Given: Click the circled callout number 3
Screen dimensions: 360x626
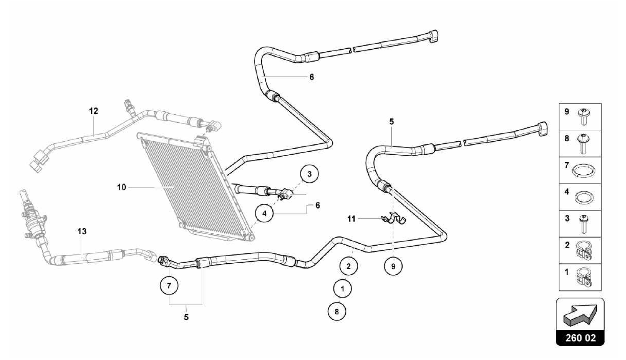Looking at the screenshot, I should coord(309,174).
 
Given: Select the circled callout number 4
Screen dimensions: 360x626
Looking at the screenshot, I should coord(264,213).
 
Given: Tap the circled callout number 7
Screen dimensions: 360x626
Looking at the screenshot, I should coord(169,286).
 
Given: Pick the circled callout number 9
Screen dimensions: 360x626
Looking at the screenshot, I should coord(393,266).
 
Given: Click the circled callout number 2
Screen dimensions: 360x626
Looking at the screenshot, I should coord(348,266).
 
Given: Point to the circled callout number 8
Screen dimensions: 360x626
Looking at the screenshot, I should coord(337,312).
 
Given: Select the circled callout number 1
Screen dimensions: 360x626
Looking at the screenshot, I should coord(342,289).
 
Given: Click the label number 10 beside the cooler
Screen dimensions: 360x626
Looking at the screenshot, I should coord(121,187).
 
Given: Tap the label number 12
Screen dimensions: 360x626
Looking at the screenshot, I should coord(94,111).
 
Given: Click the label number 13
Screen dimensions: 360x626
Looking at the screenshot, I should coord(82,231).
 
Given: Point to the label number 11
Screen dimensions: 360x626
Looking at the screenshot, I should coord(352,219).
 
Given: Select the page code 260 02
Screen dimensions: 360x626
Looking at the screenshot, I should coord(580,338).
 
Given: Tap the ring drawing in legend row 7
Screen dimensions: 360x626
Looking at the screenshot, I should coord(584,171).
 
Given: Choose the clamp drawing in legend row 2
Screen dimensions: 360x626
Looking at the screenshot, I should coord(584,251).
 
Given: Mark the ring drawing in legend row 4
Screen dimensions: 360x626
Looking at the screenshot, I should coord(584,197).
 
